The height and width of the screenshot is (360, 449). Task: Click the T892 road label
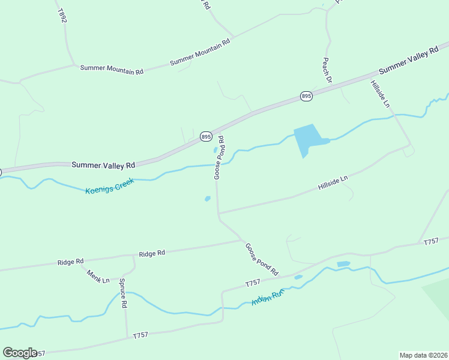(x=62, y=16)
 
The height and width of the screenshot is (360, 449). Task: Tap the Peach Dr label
(x=327, y=70)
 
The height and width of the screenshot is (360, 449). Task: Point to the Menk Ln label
(x=98, y=277)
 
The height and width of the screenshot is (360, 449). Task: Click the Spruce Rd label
(x=123, y=293)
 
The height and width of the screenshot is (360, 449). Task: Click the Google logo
(x=20, y=353)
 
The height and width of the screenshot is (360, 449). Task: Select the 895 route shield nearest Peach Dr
(x=306, y=96)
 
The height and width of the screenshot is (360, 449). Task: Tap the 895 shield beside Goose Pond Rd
(x=206, y=137)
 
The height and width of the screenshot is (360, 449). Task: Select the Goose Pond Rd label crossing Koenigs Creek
(x=219, y=157)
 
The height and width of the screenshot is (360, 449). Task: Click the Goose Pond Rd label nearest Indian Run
(x=262, y=259)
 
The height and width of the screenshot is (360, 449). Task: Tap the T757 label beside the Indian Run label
(x=253, y=283)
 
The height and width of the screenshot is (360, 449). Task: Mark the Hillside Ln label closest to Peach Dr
(x=380, y=94)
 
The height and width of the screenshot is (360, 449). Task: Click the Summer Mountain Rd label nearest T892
(x=112, y=70)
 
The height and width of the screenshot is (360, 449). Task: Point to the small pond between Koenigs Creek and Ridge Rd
(x=208, y=199)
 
